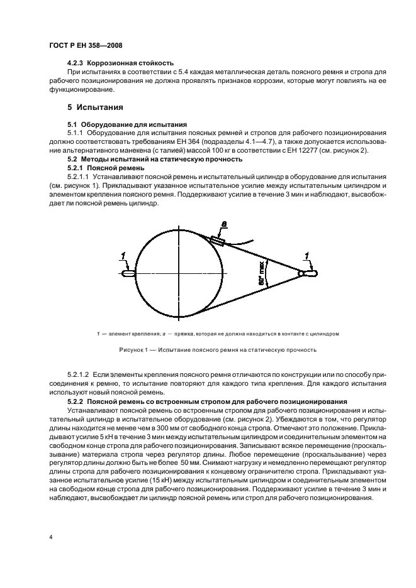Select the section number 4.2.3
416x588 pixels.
pyautogui.click(x=76, y=63)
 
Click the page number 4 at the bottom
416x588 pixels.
pyautogui.click(x=50, y=536)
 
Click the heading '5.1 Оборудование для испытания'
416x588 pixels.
pyautogui.click(x=116, y=124)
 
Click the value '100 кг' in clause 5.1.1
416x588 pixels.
pyautogui.click(x=240, y=151)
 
